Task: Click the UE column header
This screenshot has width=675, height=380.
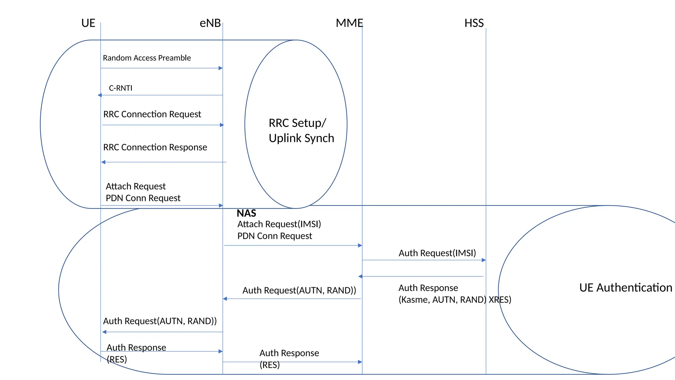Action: tap(88, 23)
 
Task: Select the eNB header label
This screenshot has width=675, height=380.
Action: tap(210, 23)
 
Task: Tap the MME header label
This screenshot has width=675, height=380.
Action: tap(349, 23)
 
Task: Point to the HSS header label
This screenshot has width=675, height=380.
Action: tap(474, 23)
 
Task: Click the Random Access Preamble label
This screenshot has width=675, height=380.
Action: tap(147, 58)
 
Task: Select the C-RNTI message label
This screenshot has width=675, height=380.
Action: tap(121, 88)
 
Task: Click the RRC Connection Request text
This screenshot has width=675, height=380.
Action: tap(152, 114)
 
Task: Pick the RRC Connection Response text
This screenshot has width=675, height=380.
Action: tap(155, 147)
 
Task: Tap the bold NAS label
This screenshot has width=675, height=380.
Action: tap(246, 213)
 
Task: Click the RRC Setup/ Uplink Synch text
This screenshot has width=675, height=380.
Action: tap(301, 130)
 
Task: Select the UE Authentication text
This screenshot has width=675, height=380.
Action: tap(625, 288)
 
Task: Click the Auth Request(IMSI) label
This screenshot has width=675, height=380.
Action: tap(437, 253)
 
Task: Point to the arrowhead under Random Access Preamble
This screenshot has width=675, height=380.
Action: tap(221, 68)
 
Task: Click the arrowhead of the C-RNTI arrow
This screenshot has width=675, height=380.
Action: tap(100, 95)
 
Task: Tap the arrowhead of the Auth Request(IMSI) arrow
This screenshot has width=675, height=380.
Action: tap(484, 260)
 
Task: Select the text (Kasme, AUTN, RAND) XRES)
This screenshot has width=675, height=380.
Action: tap(455, 300)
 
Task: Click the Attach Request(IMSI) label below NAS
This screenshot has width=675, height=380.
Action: tap(279, 224)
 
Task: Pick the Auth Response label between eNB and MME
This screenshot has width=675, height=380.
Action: tap(289, 353)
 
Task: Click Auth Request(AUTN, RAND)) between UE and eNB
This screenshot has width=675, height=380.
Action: tap(160, 321)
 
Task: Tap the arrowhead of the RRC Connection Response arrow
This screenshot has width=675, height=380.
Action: tap(103, 162)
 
